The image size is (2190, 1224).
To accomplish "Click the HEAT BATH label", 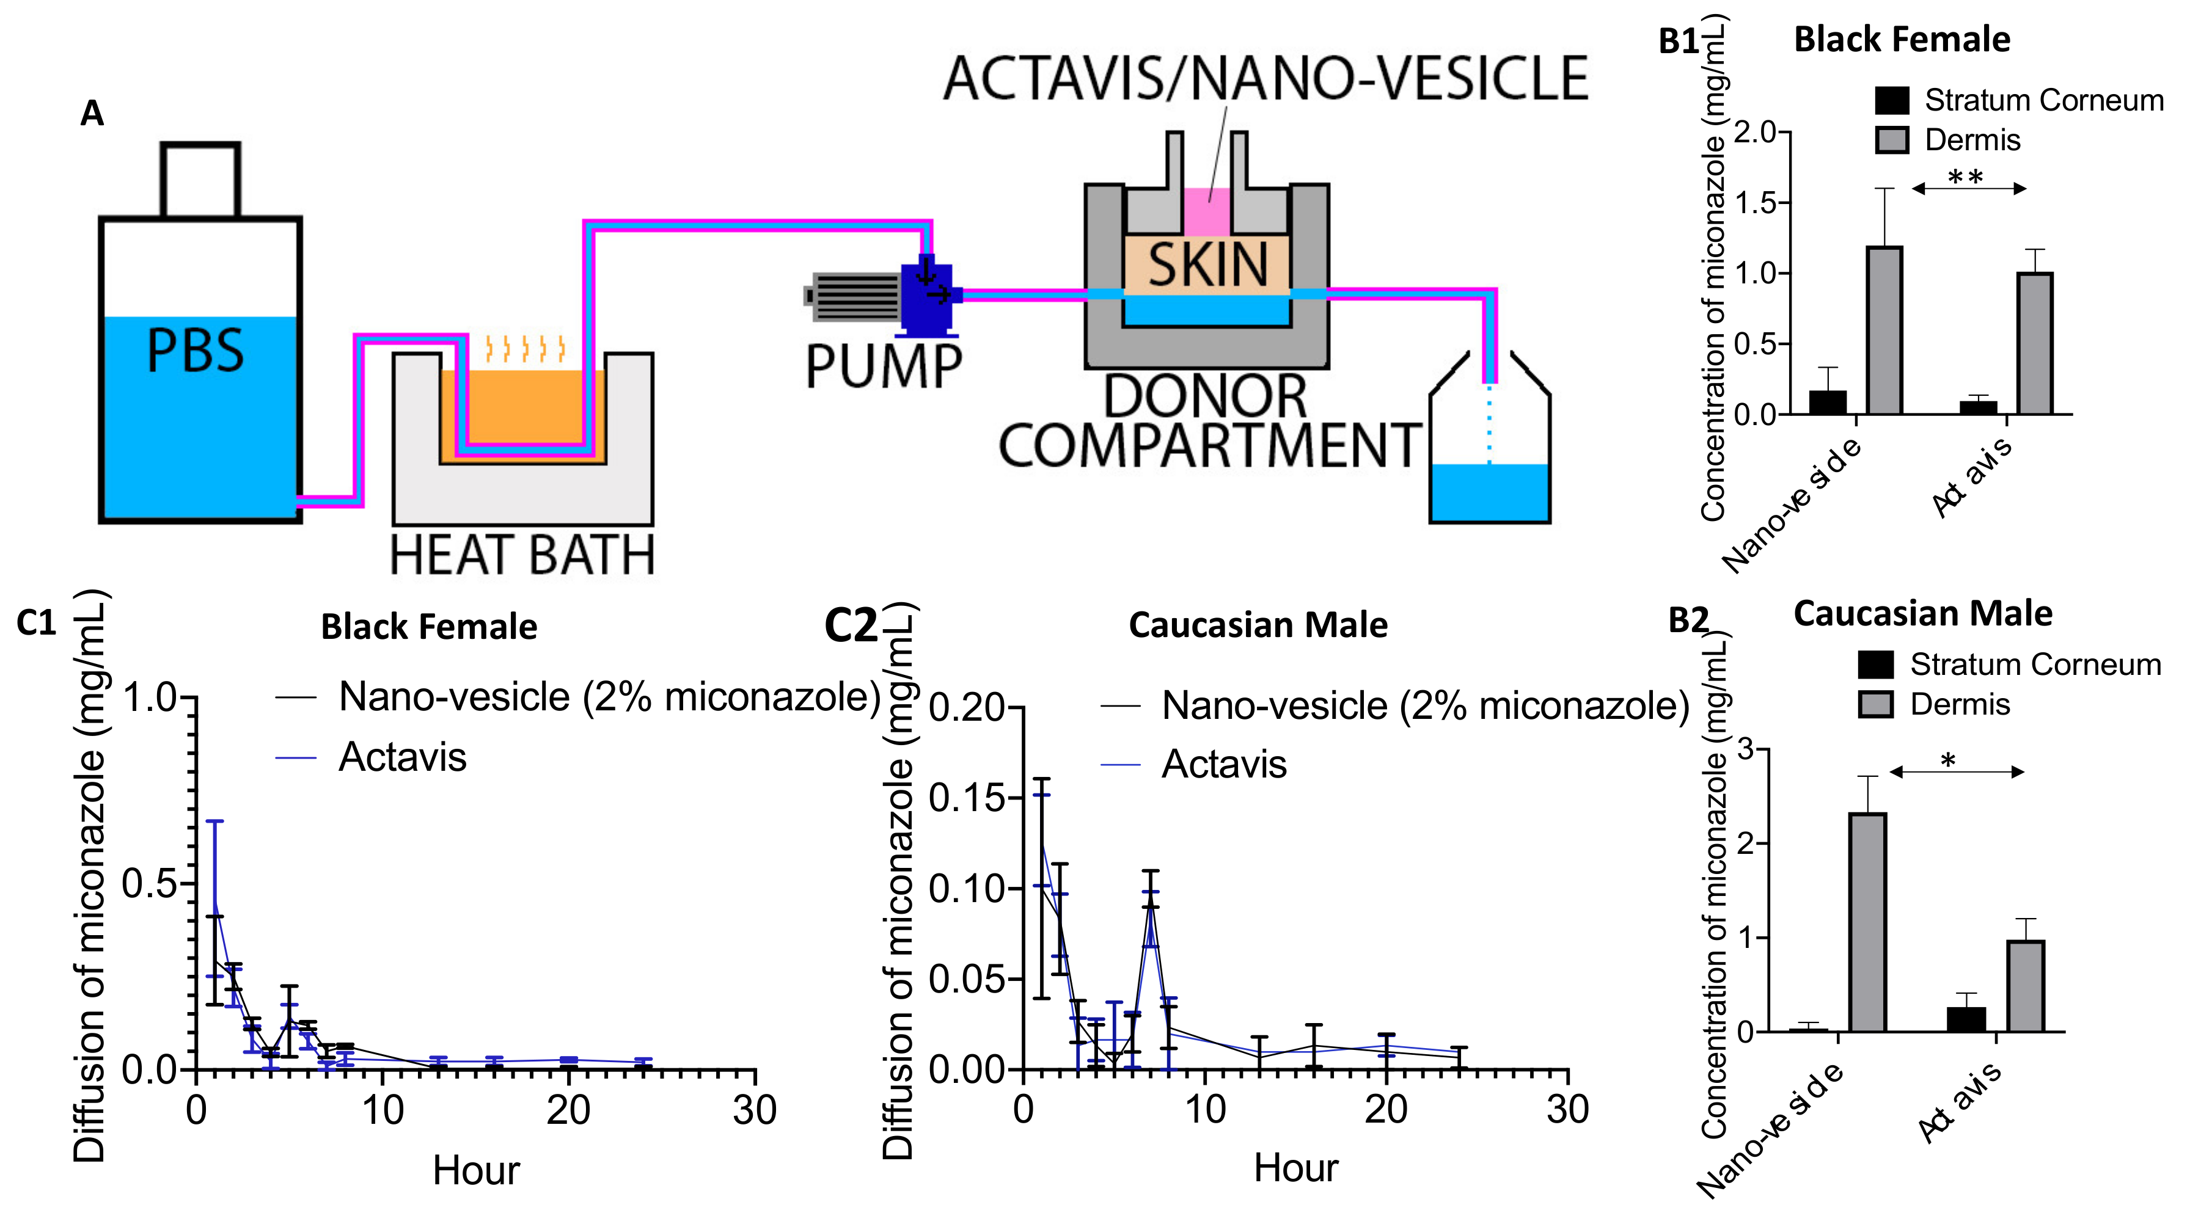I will (x=522, y=555).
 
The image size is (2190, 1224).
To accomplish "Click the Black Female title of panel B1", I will (x=1902, y=40).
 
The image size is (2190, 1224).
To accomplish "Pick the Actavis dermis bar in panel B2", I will (x=2026, y=985).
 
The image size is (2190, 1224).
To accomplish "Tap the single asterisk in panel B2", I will (x=1947, y=761).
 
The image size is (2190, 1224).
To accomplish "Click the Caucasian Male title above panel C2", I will (x=1258, y=625).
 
